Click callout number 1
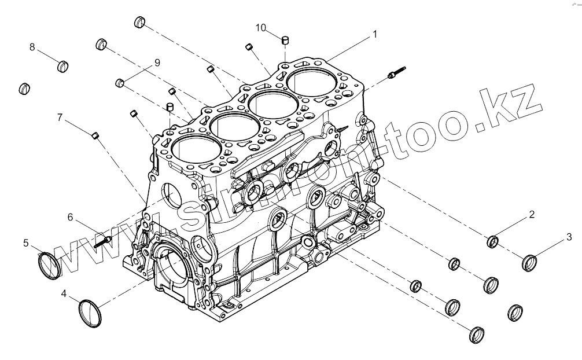[375, 34]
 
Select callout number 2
[532, 215]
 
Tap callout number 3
[569, 236]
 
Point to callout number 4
[64, 294]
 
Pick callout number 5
[26, 243]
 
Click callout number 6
[71, 217]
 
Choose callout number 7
[60, 117]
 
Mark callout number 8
[32, 46]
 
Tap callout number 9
[157, 62]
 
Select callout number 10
[261, 27]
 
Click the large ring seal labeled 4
[90, 313]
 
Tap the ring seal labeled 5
[50, 265]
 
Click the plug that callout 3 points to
[530, 262]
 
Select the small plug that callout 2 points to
[494, 241]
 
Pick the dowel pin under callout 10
[285, 41]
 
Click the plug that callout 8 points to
[64, 67]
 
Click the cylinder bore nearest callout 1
[310, 83]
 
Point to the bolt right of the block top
[397, 72]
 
